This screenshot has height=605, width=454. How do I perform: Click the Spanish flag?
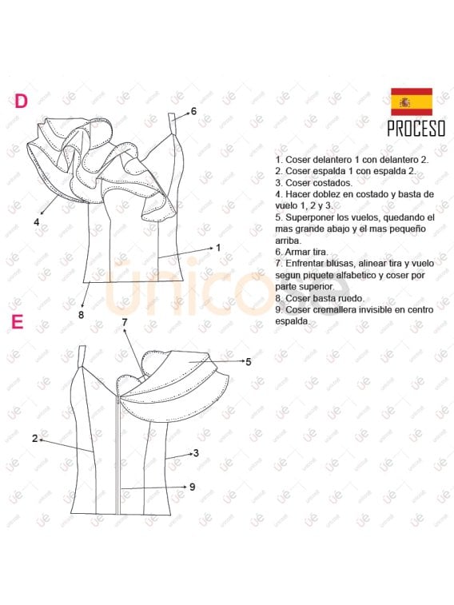(411, 101)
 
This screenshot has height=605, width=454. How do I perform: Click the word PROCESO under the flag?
(416, 129)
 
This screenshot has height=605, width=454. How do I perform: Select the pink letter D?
(21, 101)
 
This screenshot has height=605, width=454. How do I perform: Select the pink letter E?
(18, 322)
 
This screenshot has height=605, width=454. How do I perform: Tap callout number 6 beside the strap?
(193, 111)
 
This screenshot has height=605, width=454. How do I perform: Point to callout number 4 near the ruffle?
(37, 222)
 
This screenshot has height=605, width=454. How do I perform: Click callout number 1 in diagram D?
(217, 248)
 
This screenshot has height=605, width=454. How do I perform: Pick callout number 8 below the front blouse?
(81, 314)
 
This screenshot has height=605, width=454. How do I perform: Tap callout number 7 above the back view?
(125, 322)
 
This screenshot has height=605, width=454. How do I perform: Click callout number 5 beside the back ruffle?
(249, 362)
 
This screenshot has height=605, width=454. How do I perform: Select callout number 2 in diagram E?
(35, 438)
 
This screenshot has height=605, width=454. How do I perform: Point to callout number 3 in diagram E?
(196, 453)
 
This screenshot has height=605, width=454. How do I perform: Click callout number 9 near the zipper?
(192, 486)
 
